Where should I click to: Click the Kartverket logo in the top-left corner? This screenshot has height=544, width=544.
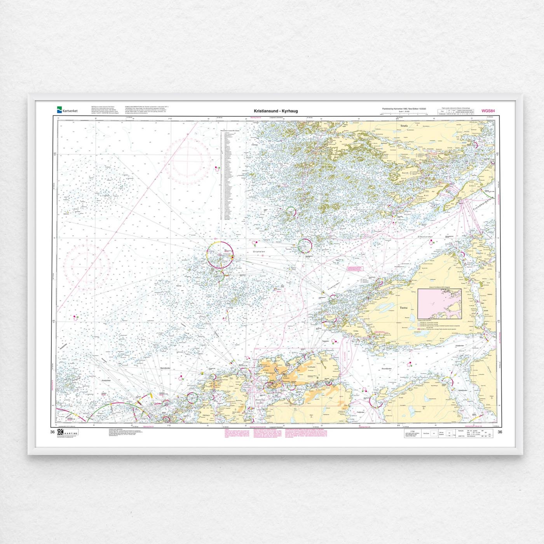[x=67, y=110]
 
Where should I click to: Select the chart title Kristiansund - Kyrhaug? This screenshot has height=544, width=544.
[x=276, y=111]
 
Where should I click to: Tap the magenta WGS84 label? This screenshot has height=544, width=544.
[x=488, y=111]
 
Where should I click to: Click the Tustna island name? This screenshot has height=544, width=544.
[x=404, y=307]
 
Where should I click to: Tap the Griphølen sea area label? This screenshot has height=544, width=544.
[x=259, y=252]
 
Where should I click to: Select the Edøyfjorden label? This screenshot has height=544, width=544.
[x=425, y=237]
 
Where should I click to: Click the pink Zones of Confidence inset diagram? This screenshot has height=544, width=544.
[x=439, y=303]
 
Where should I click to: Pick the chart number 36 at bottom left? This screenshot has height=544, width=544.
[x=52, y=432]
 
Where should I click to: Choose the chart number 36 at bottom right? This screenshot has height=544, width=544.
[x=500, y=432]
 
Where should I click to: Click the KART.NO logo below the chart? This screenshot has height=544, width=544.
[x=68, y=432]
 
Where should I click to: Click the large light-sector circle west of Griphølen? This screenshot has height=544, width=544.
[x=220, y=255]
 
